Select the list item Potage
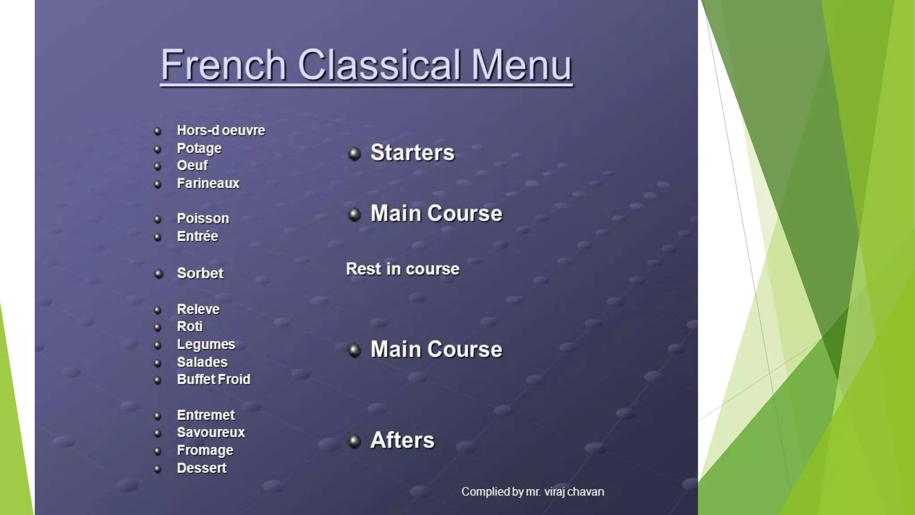coord(199,148)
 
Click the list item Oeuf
coord(192,165)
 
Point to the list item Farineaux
coord(208,183)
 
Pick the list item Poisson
coord(203,218)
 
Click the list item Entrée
coord(197,236)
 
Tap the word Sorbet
coord(200,273)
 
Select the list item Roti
coord(189,326)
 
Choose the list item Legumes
coord(206,344)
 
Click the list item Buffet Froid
coord(214,380)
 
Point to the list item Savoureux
coord(210,432)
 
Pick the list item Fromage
coord(205,450)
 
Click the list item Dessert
coord(201,468)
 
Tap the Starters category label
coord(412,152)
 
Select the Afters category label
coord(402,440)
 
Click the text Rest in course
coord(403,269)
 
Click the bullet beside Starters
coord(354,154)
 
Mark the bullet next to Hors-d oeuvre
coord(157,131)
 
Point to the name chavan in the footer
coord(585,492)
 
